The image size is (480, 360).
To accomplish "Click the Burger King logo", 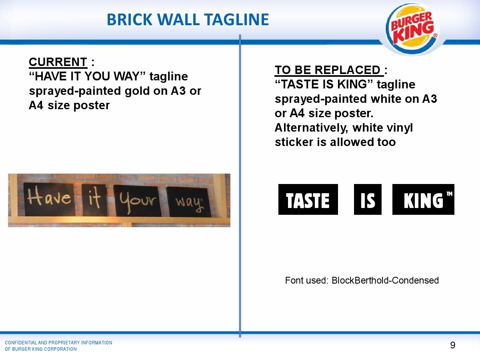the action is (x=412, y=28).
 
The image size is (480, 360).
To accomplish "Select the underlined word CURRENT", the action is (x=58, y=62).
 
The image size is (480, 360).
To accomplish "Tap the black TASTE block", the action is (x=308, y=199).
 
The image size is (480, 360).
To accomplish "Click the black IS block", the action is (x=368, y=199).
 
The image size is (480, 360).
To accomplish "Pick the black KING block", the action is (x=423, y=199).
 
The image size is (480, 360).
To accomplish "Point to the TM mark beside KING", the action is (x=449, y=194).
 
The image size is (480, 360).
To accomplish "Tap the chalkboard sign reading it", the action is (x=95, y=200).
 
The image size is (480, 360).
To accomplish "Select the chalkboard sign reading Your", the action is (x=137, y=201).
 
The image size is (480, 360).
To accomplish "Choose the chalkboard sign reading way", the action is (x=188, y=202).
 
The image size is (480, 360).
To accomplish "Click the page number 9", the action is (x=453, y=345).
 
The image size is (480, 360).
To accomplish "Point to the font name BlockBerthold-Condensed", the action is (x=385, y=280).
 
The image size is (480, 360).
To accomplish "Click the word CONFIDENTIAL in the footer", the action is (x=21, y=343).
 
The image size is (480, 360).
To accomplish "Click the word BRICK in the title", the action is (x=130, y=20).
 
